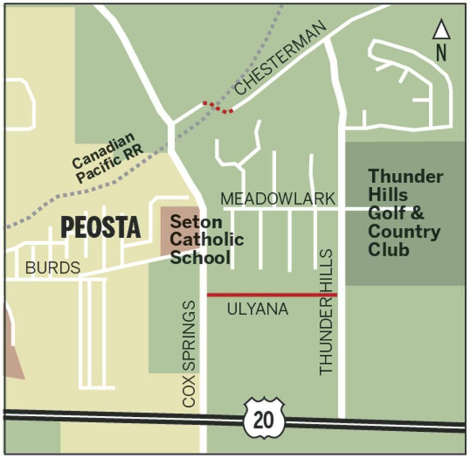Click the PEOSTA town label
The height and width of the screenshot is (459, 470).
(100, 227)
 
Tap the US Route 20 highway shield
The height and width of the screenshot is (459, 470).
(264, 419)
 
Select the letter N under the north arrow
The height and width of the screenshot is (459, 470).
(441, 53)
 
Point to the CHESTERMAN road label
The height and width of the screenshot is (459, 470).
(282, 59)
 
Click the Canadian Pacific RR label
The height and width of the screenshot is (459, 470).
(107, 157)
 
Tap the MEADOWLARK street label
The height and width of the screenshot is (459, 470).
(278, 199)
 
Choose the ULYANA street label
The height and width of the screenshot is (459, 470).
(257, 309)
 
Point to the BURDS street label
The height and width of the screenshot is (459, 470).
(53, 268)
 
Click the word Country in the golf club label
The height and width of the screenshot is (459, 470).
(404, 232)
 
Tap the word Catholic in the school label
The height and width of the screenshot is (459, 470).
(207, 240)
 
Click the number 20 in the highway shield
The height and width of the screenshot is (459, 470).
(264, 420)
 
